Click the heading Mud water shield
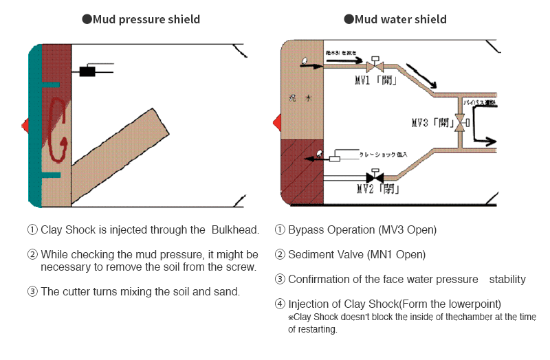point(400,19)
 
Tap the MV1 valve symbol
point(375,67)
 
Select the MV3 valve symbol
point(462,124)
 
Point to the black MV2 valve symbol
point(375,178)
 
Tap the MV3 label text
point(431,124)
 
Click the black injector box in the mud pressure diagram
point(87,71)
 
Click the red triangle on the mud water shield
point(277,123)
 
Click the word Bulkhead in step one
point(234,229)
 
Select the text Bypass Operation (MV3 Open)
point(362,229)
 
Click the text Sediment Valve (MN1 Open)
point(357,254)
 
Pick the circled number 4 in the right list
point(280,304)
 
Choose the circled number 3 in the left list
point(32,291)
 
